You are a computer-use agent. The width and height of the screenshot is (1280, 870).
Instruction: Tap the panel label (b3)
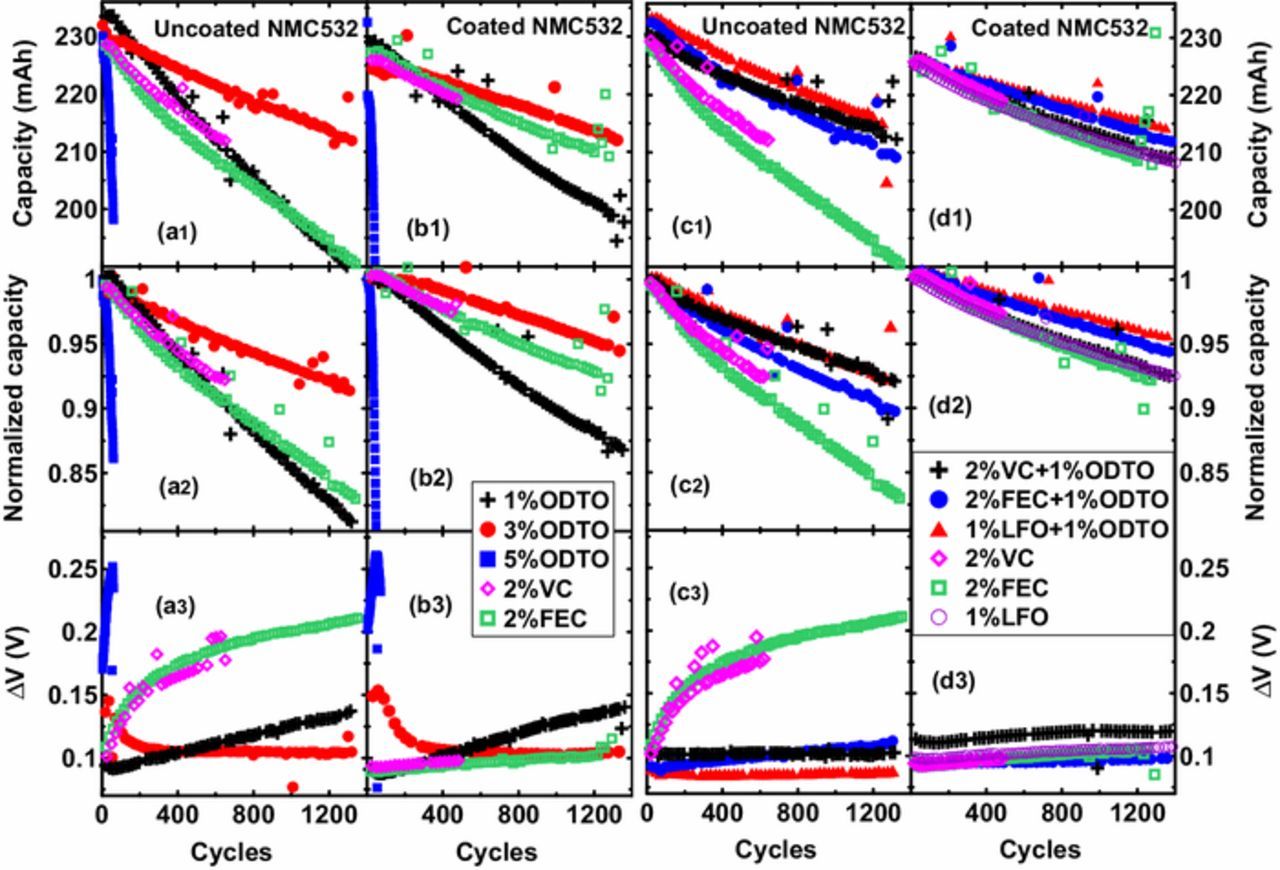pos(429,604)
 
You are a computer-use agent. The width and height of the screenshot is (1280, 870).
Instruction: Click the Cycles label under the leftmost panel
pos(231,852)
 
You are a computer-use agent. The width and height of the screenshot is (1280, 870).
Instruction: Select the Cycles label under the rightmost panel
pos(1041,850)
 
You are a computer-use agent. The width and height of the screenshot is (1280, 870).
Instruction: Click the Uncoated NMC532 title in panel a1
pos(256,28)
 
